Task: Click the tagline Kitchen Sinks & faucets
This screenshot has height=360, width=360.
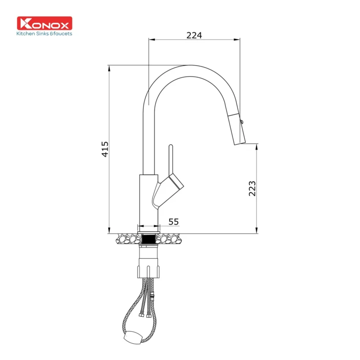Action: [x=44, y=33]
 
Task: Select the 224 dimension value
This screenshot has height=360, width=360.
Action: [x=194, y=35]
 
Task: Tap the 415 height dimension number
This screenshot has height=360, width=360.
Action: [x=105, y=149]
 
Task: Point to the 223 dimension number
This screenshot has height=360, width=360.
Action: [x=252, y=188]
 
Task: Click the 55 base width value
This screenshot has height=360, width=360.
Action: [x=173, y=221]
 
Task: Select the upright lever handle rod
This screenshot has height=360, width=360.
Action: [x=171, y=160]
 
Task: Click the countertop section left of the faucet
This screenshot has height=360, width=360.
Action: [x=129, y=238]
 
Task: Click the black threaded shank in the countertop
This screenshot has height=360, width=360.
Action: [x=148, y=238]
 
